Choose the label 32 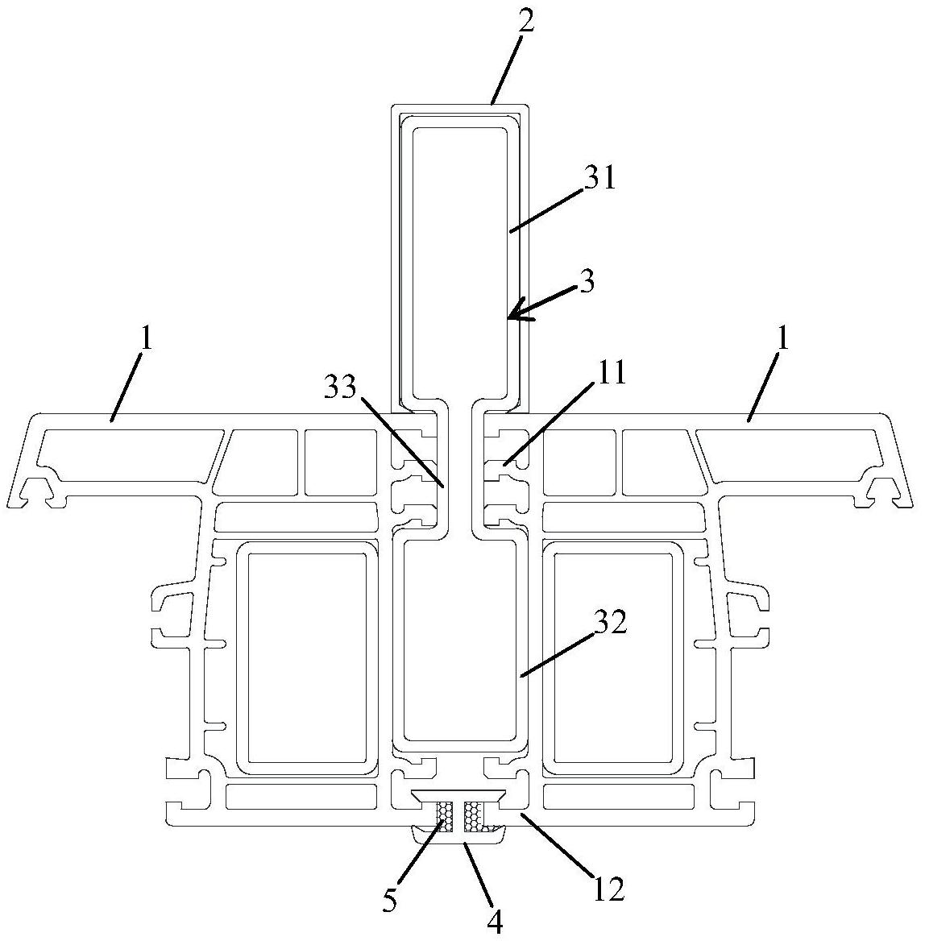pos(609,625)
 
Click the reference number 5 pos(391,901)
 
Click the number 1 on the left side pos(147,341)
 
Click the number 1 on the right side pos(782,341)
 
